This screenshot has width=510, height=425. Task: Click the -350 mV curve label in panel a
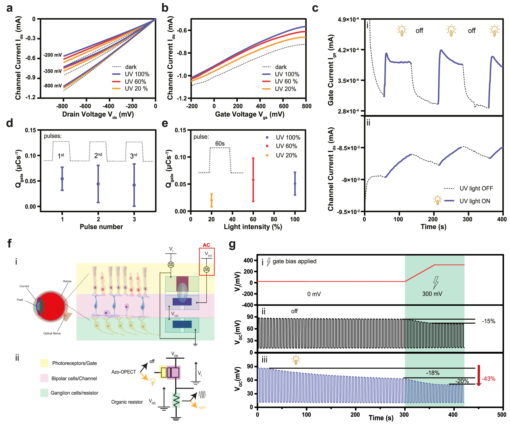53,71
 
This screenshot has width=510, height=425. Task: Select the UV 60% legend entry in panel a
135,82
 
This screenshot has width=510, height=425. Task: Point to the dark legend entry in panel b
281,67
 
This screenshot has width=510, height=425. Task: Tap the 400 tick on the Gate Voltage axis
260,106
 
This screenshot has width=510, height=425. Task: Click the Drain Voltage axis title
98,114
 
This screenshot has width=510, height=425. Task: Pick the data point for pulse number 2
98,184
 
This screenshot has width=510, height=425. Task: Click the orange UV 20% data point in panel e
211,200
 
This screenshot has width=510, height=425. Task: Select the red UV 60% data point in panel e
253,180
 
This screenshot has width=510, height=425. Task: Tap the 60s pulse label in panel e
220,143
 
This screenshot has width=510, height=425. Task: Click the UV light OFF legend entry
476,188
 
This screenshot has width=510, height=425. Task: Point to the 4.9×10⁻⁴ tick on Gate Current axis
348,20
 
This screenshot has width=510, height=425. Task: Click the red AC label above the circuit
206,245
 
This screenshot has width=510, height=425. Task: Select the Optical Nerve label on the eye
52,333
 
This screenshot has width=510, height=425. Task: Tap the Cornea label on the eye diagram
24,286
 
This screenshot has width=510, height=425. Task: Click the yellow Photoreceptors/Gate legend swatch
44,363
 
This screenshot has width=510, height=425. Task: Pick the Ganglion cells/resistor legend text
74,393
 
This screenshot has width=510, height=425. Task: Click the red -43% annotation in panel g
488,379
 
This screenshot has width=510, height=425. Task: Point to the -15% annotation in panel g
488,321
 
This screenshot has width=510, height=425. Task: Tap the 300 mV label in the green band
432,294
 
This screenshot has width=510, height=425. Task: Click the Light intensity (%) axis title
253,227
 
